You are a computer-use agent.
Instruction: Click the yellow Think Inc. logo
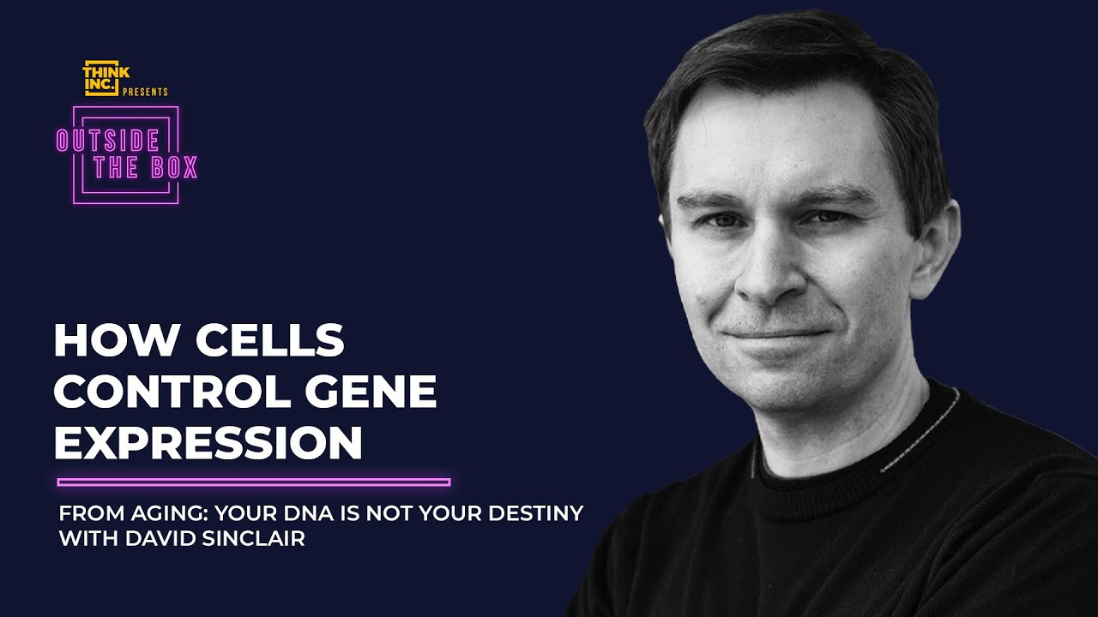coord(105,78)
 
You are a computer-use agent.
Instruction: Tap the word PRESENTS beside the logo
coord(145,92)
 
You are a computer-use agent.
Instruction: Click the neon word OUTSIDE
coord(108,141)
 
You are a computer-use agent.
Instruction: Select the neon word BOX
coord(174,167)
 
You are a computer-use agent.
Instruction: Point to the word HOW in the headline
coord(116,340)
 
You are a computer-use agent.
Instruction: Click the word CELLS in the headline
coord(269,340)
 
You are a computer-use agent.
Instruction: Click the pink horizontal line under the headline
coord(254,482)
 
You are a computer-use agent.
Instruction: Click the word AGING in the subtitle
coord(170,513)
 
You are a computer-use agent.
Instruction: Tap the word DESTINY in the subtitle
coord(536,513)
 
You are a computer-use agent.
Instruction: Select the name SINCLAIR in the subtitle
coord(253,539)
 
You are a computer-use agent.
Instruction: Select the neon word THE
coord(116,167)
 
